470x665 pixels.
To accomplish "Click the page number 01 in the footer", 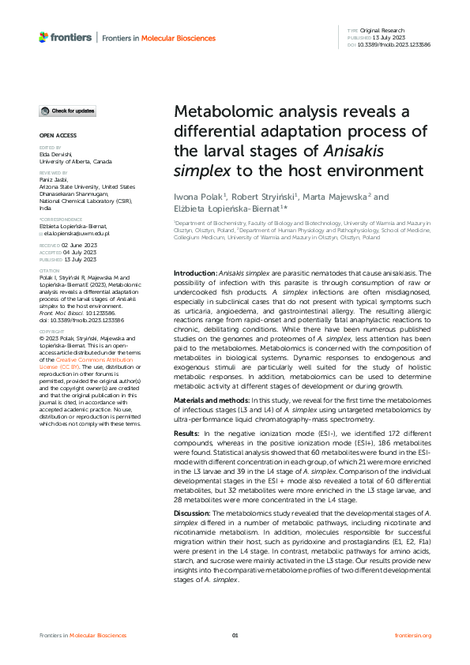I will coord(235,635).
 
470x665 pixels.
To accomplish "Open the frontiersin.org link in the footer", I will coord(412,635).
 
